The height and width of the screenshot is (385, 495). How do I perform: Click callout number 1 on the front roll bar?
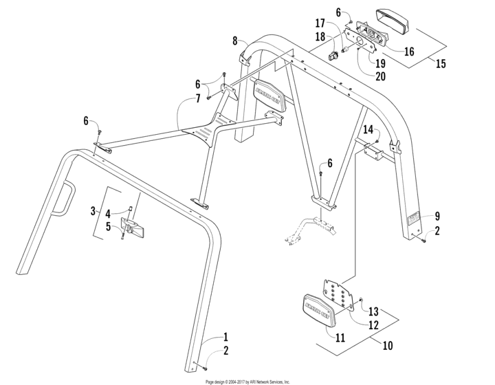tap(225, 338)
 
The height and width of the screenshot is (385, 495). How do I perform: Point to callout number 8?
tap(235, 40)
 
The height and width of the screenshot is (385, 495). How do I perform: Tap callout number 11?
tap(341, 338)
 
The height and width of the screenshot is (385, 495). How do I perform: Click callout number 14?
tap(367, 129)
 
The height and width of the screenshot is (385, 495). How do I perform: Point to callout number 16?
tap(409, 52)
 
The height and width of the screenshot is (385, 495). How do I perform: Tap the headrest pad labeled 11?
tap(319, 309)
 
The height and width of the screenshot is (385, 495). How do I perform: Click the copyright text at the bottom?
tap(247, 381)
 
